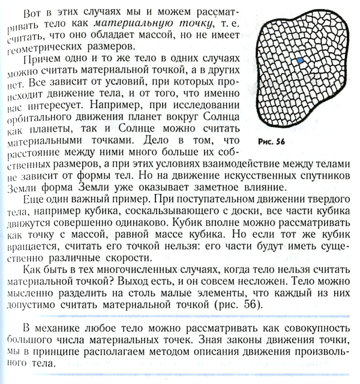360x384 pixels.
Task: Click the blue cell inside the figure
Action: [x=300, y=62]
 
